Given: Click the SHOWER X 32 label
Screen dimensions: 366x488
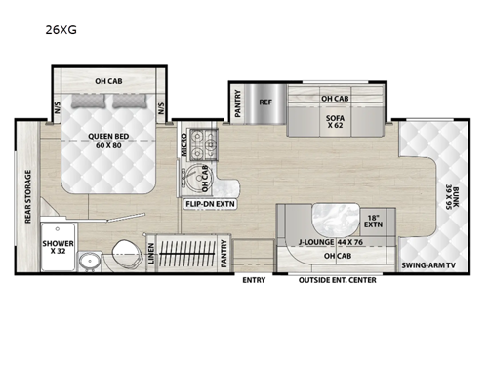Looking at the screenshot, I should [x=57, y=248].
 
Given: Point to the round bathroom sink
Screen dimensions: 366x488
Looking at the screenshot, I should [x=90, y=260].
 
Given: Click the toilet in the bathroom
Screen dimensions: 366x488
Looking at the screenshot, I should [x=125, y=249].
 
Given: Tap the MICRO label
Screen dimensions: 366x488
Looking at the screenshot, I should [x=183, y=148].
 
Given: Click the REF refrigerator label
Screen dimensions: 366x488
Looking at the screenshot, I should [x=265, y=100].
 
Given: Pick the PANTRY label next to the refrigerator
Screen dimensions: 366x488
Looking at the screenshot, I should [x=238, y=103].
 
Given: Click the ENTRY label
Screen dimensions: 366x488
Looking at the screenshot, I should [x=254, y=281].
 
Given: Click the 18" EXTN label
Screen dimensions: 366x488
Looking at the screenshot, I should [x=372, y=221].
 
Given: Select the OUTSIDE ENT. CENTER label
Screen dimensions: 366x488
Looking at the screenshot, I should [x=340, y=281].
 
